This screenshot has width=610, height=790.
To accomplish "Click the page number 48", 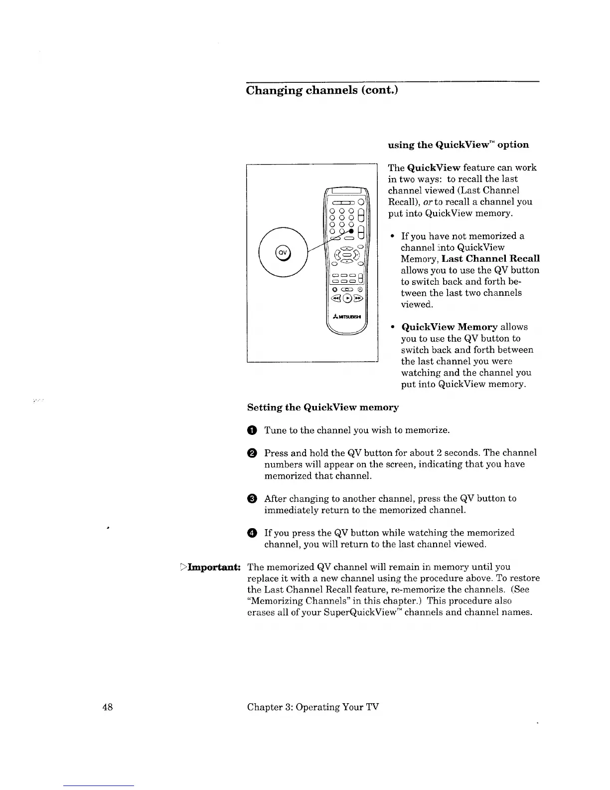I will pos(108,707).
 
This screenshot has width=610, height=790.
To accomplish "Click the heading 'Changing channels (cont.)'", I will pos(322,90).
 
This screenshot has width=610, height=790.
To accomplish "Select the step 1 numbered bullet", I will pos(252,430).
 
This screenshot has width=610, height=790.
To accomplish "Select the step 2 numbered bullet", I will pos(252,453).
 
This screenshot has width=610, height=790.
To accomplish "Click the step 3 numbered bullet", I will pos(252,498).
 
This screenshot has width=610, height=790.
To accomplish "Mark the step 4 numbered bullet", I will pos(252,533).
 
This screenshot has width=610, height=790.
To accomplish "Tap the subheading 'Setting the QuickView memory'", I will pos(323,407).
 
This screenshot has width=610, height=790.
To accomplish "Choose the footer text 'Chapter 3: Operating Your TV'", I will pos(313,707).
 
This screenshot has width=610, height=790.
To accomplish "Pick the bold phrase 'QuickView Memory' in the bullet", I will pos(449,327).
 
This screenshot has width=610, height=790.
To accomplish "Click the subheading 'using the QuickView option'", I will pos(458,145).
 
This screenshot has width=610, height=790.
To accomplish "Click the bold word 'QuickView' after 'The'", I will pos(432,168).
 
